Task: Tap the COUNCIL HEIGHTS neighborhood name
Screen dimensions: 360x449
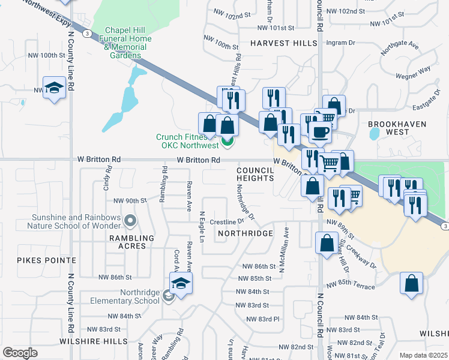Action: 255,175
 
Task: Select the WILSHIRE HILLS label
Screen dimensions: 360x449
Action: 93,341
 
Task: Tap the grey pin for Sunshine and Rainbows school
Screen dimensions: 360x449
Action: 130,221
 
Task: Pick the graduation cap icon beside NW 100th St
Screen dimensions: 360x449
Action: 54,88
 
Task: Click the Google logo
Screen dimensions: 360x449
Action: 20,353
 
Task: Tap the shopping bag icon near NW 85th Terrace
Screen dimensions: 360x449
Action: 411,283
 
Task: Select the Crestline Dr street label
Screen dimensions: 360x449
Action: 226,222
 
